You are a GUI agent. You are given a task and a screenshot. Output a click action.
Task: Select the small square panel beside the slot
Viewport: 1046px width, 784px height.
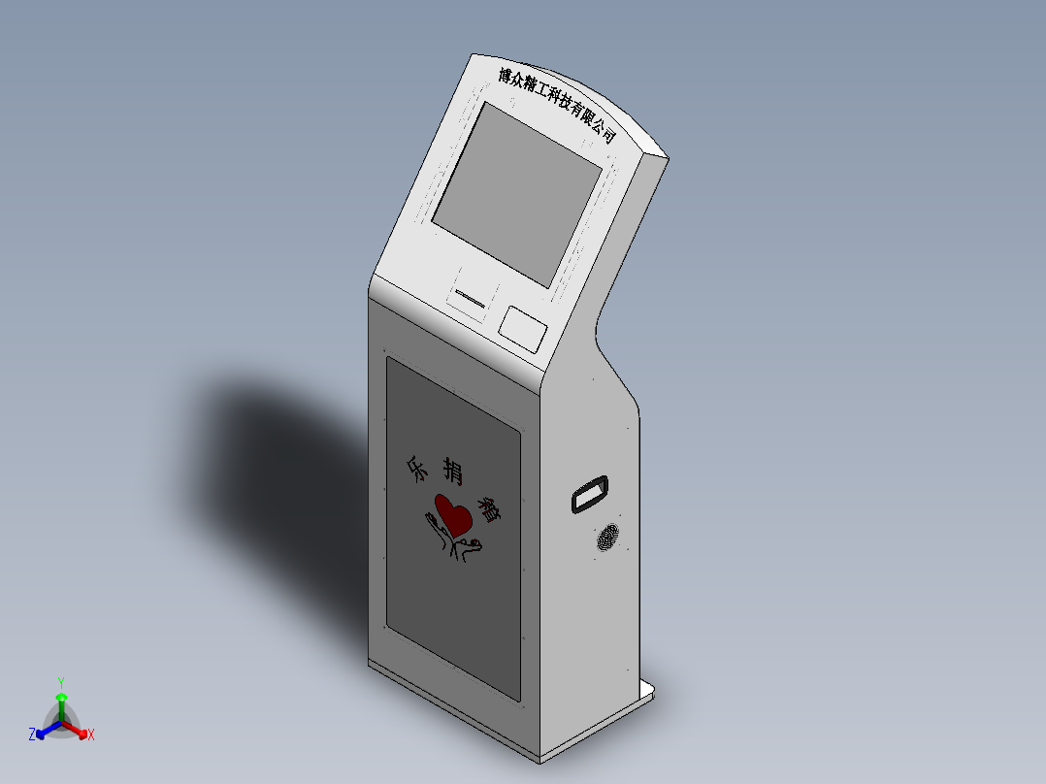pos(522,327)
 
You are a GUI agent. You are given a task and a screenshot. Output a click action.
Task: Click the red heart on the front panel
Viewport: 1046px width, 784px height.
pos(453,513)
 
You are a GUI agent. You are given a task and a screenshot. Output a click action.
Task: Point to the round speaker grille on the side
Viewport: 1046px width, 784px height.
pos(607,538)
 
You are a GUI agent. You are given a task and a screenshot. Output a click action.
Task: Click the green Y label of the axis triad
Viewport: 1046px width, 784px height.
pos(60,682)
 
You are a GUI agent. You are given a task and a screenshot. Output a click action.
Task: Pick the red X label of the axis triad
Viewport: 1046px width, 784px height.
pos(91,735)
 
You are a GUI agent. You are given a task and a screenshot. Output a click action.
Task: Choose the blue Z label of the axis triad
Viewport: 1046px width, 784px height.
pos(32,735)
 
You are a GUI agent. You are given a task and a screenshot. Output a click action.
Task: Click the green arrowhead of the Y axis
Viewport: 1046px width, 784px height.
pos(60,698)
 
